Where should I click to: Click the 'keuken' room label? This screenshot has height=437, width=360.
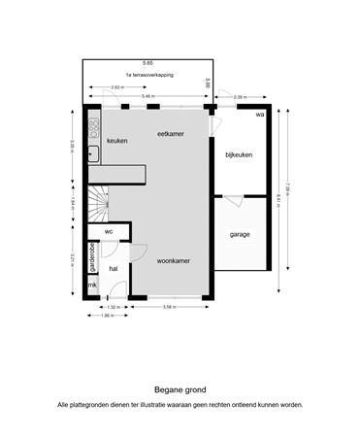pyautogui.click(x=117, y=141)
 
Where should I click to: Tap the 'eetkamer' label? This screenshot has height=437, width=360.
pyautogui.click(x=171, y=135)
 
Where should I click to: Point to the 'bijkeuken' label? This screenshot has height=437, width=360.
pyautogui.click(x=238, y=155)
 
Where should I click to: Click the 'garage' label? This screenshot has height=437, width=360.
pyautogui.click(x=240, y=235)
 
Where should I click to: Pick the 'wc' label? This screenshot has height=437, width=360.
pyautogui.click(x=109, y=232)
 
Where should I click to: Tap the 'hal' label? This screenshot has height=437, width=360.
pyautogui.click(x=113, y=268)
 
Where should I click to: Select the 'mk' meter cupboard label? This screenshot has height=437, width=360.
pyautogui.click(x=93, y=286)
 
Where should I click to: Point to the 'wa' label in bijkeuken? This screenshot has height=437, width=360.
pyautogui.click(x=259, y=115)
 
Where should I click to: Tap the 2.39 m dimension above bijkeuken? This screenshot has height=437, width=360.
pyautogui.click(x=240, y=97)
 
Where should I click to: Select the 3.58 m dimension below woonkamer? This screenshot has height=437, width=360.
pyautogui.click(x=168, y=307)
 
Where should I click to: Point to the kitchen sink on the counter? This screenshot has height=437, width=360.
pyautogui.click(x=93, y=151)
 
